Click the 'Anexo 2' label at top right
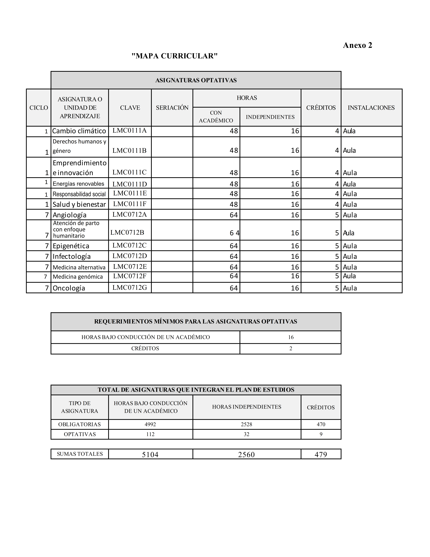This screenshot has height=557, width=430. [357, 45]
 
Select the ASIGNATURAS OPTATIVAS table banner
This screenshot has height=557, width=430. [196, 80]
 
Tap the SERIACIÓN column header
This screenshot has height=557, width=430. [172, 108]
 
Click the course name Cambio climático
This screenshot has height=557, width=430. [79, 131]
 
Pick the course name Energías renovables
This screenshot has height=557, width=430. [78, 184]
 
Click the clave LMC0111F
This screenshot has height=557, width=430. [130, 204]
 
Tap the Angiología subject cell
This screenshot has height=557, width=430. [70, 215]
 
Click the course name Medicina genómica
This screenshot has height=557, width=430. [78, 277]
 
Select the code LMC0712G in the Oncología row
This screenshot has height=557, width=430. [130, 288]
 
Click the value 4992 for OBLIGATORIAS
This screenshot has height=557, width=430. [150, 424]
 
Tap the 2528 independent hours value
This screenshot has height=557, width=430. [247, 424]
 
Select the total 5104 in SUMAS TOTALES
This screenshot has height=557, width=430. [150, 454]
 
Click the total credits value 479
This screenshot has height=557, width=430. [321, 454]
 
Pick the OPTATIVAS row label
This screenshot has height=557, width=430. [80, 434]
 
